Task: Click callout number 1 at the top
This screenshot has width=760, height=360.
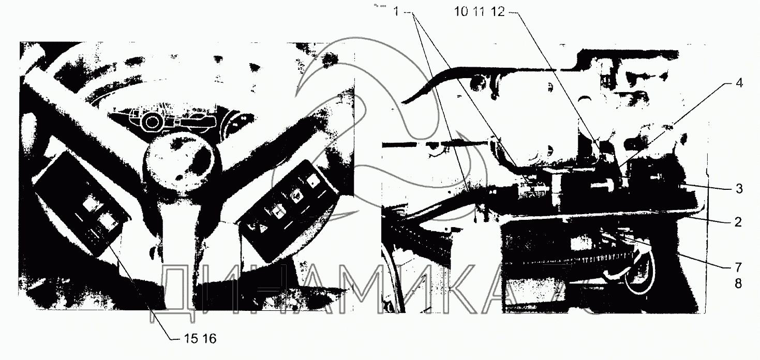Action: (x=396, y=12)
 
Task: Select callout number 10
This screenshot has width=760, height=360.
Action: (x=461, y=12)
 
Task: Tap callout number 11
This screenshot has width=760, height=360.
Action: (x=479, y=12)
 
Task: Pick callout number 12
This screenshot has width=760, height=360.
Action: (x=498, y=12)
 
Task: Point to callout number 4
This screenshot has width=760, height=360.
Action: (x=739, y=83)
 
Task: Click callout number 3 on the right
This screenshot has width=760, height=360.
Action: (x=739, y=189)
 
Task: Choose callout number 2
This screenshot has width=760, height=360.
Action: (x=738, y=222)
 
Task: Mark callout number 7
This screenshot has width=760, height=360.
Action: (x=738, y=267)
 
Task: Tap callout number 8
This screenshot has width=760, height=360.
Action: (x=738, y=283)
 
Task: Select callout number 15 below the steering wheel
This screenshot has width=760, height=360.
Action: (x=191, y=338)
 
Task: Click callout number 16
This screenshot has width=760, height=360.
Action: (x=210, y=338)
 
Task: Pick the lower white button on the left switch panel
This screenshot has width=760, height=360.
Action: (x=108, y=223)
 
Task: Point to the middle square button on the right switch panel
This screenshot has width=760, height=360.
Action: (x=296, y=197)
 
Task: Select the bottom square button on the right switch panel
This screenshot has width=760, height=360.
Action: (x=278, y=213)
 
